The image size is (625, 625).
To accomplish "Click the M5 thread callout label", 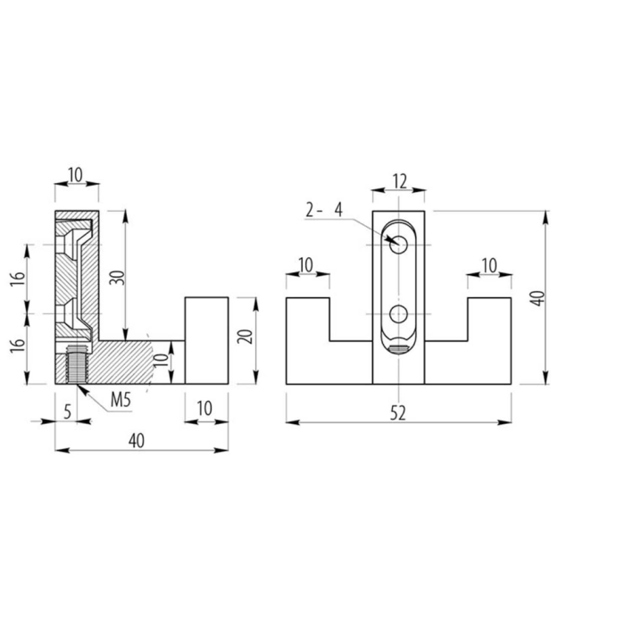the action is click(x=121, y=400).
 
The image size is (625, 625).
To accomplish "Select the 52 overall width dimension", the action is click(x=398, y=412).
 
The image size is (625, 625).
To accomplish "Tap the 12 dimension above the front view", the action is click(x=399, y=182).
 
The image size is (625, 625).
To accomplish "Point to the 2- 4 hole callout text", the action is click(x=323, y=210).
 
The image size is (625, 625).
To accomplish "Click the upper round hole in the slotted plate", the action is click(x=398, y=245).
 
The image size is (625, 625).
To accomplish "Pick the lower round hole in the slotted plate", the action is click(x=398, y=313).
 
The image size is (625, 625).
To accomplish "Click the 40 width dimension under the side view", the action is click(x=137, y=441).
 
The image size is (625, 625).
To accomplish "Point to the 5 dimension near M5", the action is click(x=67, y=412).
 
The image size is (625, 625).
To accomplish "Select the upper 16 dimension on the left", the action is click(x=18, y=279).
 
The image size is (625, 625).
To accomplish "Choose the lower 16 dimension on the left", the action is click(x=18, y=346).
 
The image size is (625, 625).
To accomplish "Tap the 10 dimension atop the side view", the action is click(x=75, y=175).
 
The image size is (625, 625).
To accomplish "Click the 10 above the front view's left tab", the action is click(x=305, y=265).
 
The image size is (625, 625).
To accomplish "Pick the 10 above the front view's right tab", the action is click(x=489, y=265).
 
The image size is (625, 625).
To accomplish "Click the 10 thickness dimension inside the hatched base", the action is click(x=162, y=361).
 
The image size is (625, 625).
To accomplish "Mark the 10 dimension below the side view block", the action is click(x=204, y=409).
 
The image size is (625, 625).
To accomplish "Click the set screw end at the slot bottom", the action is click(x=398, y=349).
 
